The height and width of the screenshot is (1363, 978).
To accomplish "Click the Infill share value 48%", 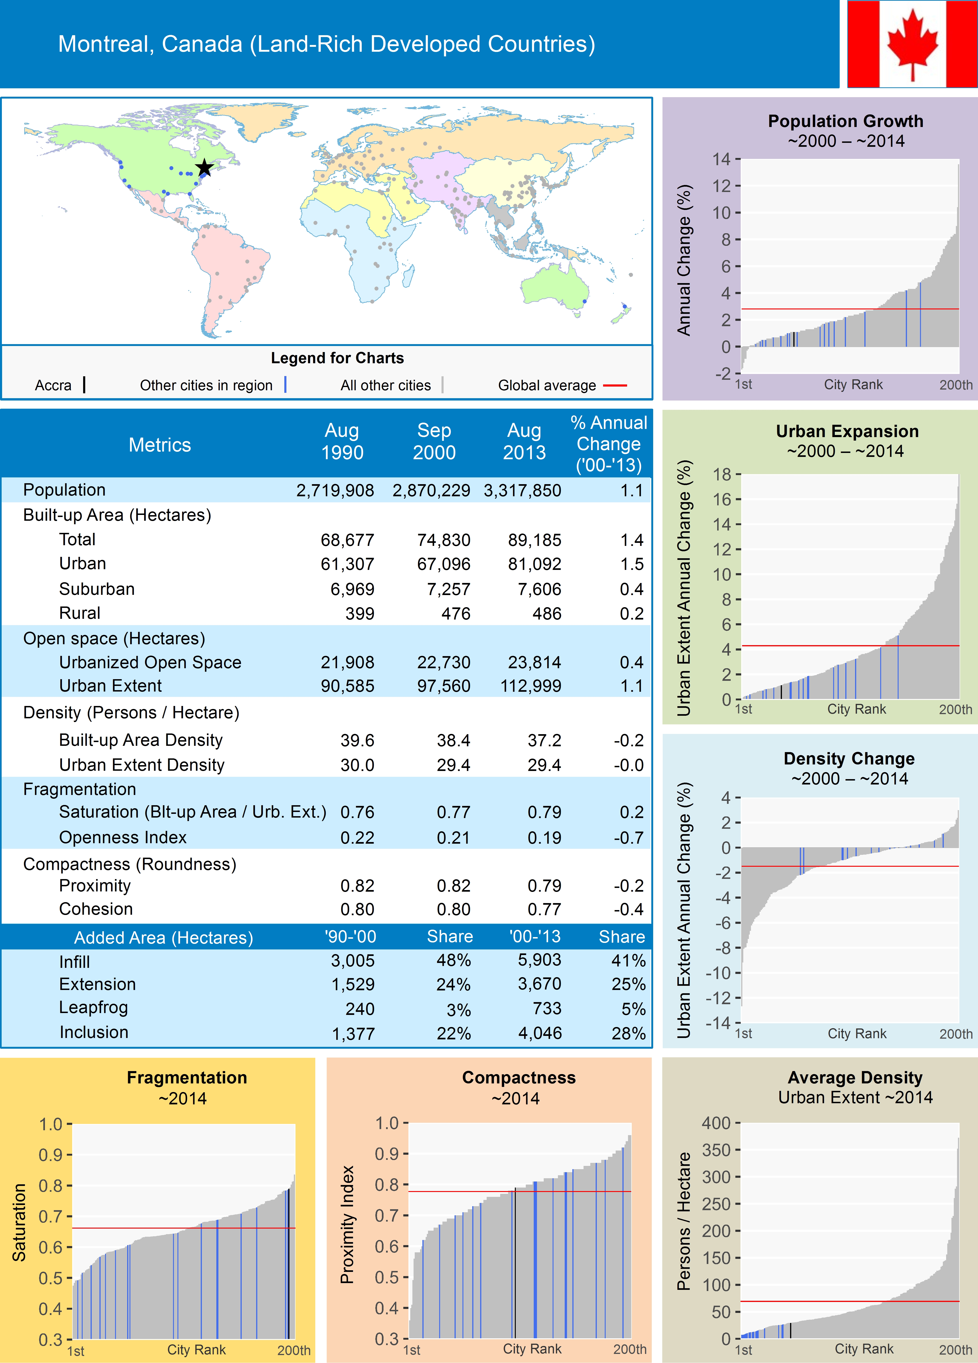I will [454, 960].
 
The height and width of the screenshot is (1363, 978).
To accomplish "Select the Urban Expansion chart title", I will [847, 432].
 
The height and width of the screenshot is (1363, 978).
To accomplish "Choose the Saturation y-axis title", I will [19, 1222].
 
